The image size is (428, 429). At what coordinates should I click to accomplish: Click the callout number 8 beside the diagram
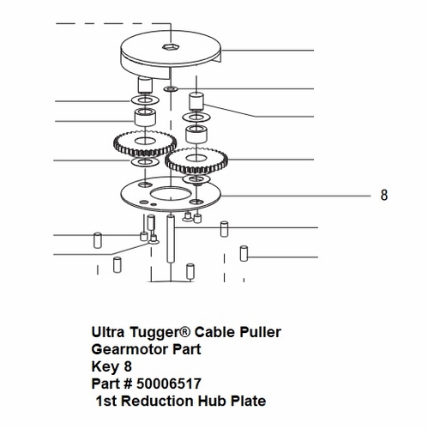[x=384, y=195]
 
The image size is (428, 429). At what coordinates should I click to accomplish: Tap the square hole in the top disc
[x=171, y=46]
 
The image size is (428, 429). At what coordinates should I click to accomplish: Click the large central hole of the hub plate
[x=171, y=195]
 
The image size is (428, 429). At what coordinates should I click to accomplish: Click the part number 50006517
[x=169, y=384]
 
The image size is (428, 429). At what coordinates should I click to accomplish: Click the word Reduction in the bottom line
[x=158, y=401]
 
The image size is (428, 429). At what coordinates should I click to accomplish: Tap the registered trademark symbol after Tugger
[x=185, y=331]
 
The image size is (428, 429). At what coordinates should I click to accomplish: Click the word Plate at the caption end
[x=249, y=401]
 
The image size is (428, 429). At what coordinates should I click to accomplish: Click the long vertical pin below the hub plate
[x=171, y=239]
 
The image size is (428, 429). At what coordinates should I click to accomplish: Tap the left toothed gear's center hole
[x=145, y=141]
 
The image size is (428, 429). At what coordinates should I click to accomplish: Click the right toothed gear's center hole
[x=196, y=158]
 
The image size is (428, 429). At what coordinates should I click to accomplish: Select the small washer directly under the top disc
[x=171, y=89]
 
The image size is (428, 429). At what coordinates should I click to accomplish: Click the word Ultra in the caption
[x=108, y=332]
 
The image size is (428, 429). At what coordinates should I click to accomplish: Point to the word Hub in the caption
[x=213, y=401]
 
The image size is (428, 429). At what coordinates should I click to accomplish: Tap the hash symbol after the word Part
[x=127, y=384]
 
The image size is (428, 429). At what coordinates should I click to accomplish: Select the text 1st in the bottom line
[x=106, y=401]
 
